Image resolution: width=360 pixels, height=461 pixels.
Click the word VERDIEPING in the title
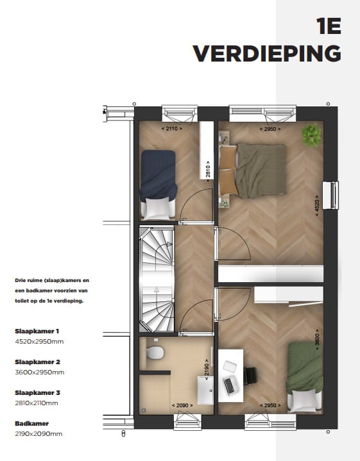tap(267, 54)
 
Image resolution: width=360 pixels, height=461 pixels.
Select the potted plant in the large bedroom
tap(313, 134)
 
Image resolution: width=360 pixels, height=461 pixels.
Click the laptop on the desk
tap(228, 384)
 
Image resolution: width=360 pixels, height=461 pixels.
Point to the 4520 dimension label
tap(316, 206)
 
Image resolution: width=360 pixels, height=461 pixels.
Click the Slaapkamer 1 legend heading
tap(37, 331)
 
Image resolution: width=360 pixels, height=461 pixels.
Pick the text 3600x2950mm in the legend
tap(40, 372)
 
